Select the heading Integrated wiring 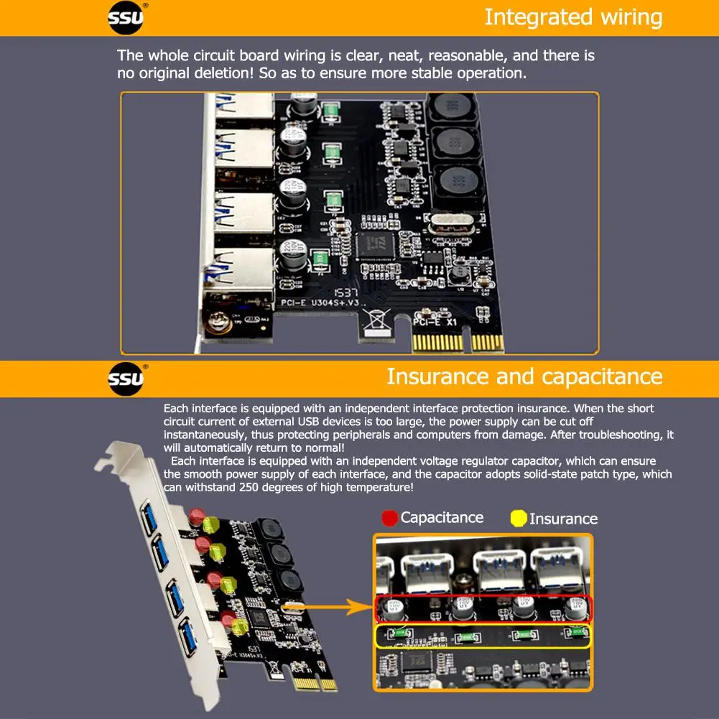(573, 17)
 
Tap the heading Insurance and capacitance (524, 376)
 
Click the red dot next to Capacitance (390, 518)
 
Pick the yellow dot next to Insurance (519, 519)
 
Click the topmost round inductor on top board (455, 108)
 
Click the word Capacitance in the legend (442, 518)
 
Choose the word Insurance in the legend (563, 519)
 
